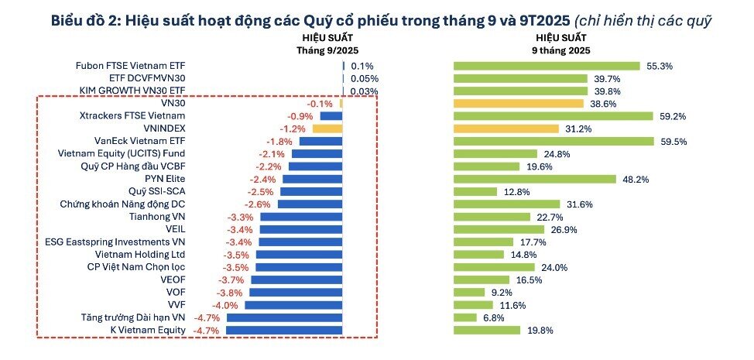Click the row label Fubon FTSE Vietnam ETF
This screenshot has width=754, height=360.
point(131,66)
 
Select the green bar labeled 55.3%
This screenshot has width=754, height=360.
point(546,66)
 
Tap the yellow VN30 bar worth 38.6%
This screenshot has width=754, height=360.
point(518,103)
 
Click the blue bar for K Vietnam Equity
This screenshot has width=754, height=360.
point(284,330)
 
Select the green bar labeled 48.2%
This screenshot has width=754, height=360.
point(534,179)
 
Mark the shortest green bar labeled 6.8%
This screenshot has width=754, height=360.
point(464,317)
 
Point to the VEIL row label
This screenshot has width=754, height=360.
point(175,229)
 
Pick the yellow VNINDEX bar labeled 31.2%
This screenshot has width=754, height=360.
point(506,129)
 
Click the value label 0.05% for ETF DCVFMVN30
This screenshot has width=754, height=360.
point(364,78)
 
